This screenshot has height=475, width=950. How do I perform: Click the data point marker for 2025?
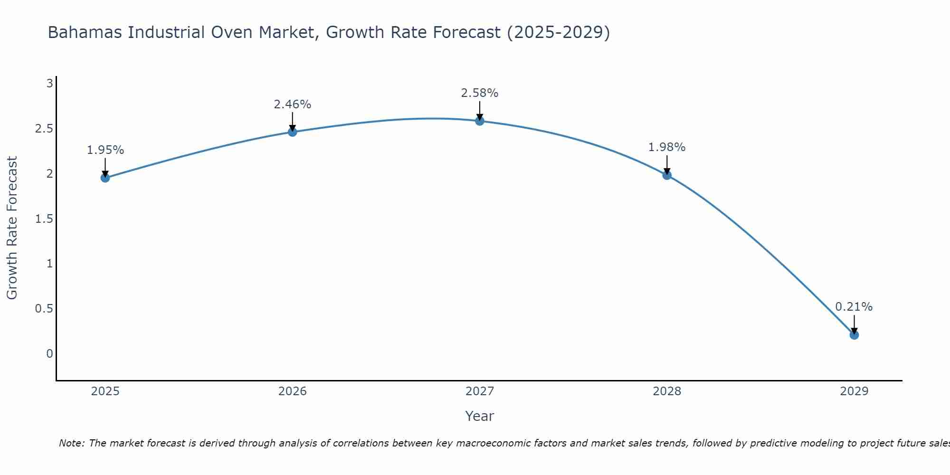click(x=105, y=178)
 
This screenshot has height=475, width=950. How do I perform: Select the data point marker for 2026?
click(x=293, y=132)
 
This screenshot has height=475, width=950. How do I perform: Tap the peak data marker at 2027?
click(x=480, y=121)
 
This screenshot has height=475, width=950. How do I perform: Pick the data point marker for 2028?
click(x=667, y=175)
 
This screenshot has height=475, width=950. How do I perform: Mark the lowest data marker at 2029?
click(x=854, y=335)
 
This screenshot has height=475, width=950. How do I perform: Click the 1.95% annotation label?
click(x=105, y=150)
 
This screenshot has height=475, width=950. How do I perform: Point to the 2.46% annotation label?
click(x=293, y=104)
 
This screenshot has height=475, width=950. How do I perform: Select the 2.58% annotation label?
click(x=480, y=93)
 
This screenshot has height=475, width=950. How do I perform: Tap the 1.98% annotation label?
click(x=667, y=147)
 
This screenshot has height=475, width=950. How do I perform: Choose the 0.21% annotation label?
click(x=854, y=307)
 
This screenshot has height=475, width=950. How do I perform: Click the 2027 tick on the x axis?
click(x=480, y=391)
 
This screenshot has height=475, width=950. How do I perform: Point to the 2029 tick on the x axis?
click(x=854, y=391)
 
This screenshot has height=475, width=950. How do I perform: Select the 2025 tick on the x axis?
click(x=105, y=391)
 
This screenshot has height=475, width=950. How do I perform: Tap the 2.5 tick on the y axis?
click(x=44, y=129)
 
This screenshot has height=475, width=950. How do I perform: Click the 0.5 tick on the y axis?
click(x=44, y=309)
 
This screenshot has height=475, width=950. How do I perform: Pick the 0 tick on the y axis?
click(x=49, y=354)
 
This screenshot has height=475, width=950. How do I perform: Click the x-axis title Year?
click(x=480, y=416)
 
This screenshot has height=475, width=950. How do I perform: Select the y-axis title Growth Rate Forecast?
click(x=12, y=228)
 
